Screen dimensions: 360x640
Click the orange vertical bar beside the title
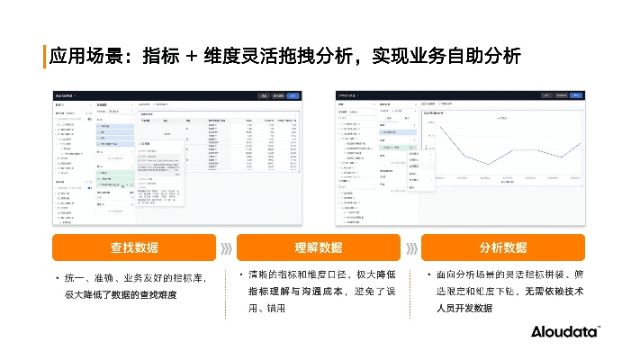(x=44, y=56)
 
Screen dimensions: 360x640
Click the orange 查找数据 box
(x=134, y=247)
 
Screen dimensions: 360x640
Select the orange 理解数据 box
(x=319, y=247)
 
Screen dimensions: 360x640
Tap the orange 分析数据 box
(x=502, y=247)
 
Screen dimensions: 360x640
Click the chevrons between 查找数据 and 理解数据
(x=226, y=247)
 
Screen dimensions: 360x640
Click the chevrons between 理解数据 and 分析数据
(x=411, y=247)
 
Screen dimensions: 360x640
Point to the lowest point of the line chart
(x=487, y=165)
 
